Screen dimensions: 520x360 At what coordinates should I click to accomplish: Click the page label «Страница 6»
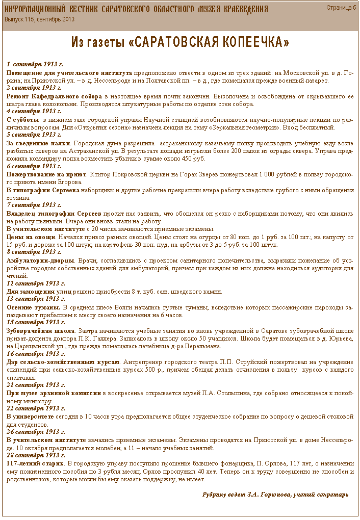(341, 8)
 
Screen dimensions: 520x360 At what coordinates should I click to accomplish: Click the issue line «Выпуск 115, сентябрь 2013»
(40, 19)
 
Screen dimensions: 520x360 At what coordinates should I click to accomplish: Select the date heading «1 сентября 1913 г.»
(35, 65)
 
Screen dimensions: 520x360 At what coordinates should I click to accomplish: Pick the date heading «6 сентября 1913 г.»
(34, 166)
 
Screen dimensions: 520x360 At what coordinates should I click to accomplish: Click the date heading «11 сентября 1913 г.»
(35, 283)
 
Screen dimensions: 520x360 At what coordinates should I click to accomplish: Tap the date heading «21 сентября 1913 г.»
(35, 385)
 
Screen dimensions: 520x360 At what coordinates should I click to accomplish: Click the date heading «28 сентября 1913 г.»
(35, 455)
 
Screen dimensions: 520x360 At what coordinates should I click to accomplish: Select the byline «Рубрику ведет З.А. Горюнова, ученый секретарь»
(275, 495)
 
